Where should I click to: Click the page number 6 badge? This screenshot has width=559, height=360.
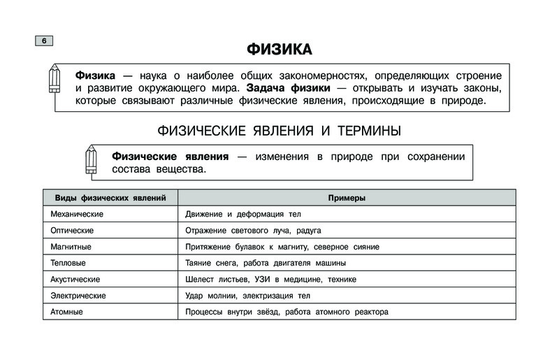43,41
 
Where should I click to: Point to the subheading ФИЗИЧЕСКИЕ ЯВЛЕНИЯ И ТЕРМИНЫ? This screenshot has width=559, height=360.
279,131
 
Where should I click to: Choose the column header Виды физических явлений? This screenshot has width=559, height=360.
109,198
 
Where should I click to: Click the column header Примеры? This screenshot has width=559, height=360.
347,198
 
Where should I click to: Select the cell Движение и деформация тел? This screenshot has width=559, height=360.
242,214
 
